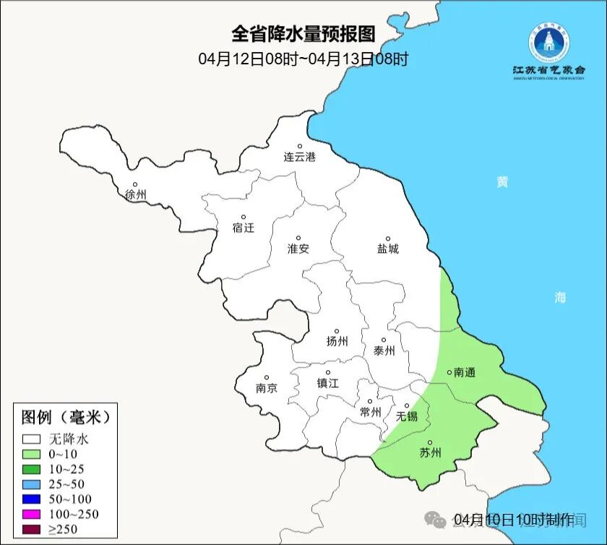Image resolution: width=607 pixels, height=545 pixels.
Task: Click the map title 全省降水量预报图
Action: [303, 34]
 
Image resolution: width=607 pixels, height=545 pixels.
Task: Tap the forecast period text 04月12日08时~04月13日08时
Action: [303, 59]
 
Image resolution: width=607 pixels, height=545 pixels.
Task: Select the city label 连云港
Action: [299, 157]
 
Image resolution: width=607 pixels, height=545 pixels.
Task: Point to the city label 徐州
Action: [135, 194]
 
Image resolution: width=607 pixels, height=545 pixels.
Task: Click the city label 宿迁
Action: [244, 228]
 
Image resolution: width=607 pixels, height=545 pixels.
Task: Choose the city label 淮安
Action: [298, 248]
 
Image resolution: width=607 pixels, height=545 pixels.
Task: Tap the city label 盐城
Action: [387, 249]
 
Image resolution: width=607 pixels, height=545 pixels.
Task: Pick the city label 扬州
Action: [337, 341]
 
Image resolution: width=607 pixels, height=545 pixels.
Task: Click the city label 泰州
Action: [384, 351]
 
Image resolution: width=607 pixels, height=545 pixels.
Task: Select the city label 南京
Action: [266, 387]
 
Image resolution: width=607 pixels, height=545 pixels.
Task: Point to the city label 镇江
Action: [327, 383]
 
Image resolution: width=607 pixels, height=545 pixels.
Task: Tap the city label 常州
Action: [370, 412]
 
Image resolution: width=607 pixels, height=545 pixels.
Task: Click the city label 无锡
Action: [407, 416]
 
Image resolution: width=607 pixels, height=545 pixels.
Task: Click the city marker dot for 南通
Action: [449, 372]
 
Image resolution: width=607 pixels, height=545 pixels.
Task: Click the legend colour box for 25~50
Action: [31, 484]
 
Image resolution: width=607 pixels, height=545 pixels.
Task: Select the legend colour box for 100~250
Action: [31, 514]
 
